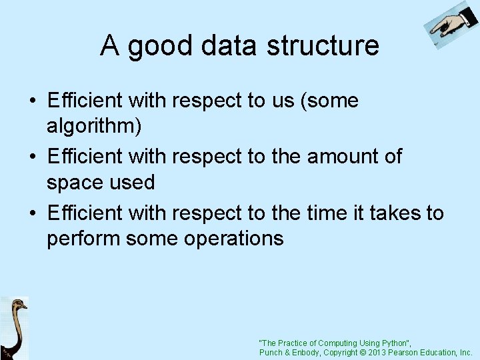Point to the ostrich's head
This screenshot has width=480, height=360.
[19, 306]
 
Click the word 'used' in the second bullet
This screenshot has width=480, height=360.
[133, 182]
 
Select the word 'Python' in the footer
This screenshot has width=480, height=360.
[393, 343]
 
